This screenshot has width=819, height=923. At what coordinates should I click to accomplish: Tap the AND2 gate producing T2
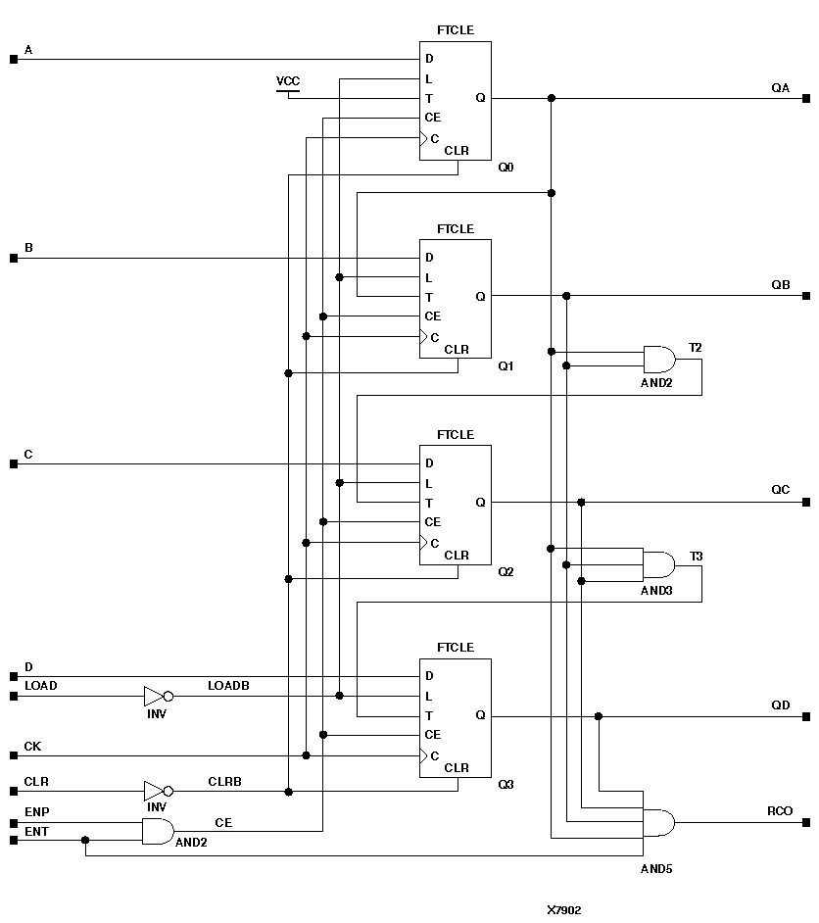(658, 359)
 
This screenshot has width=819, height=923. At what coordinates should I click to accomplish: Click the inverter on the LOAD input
(157, 697)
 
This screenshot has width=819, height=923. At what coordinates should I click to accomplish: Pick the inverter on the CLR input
(157, 791)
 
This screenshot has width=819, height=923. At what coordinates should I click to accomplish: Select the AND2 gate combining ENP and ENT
(158, 831)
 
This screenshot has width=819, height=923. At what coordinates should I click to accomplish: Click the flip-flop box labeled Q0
(456, 100)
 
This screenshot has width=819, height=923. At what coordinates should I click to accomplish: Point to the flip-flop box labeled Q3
(456, 718)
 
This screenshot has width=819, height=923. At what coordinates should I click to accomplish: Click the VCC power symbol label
(288, 80)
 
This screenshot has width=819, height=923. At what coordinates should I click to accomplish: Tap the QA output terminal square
(805, 98)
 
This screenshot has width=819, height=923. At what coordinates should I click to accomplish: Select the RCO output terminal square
(805, 822)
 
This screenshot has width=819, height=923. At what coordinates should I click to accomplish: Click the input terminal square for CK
(14, 755)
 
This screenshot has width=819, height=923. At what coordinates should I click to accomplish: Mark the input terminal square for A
(14, 59)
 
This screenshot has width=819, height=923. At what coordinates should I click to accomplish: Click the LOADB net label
(228, 685)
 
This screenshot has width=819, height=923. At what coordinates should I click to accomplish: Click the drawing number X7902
(564, 909)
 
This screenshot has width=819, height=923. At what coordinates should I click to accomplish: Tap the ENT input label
(35, 831)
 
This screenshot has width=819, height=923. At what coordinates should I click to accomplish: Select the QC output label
(780, 489)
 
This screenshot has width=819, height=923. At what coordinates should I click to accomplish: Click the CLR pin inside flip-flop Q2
(457, 556)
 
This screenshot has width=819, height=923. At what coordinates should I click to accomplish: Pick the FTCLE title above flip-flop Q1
(456, 228)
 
